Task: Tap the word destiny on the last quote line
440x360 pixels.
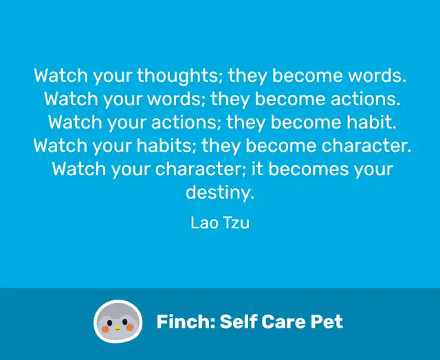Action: point(220,192)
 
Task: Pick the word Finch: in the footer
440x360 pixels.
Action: point(186,322)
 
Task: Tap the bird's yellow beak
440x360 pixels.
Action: point(118,328)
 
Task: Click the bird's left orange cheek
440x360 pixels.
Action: point(105,329)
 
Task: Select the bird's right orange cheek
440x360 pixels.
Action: point(130,327)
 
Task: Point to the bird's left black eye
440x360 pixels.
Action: point(110,324)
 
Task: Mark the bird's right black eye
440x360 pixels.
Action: point(125,322)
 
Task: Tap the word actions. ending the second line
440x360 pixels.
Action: point(365,99)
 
